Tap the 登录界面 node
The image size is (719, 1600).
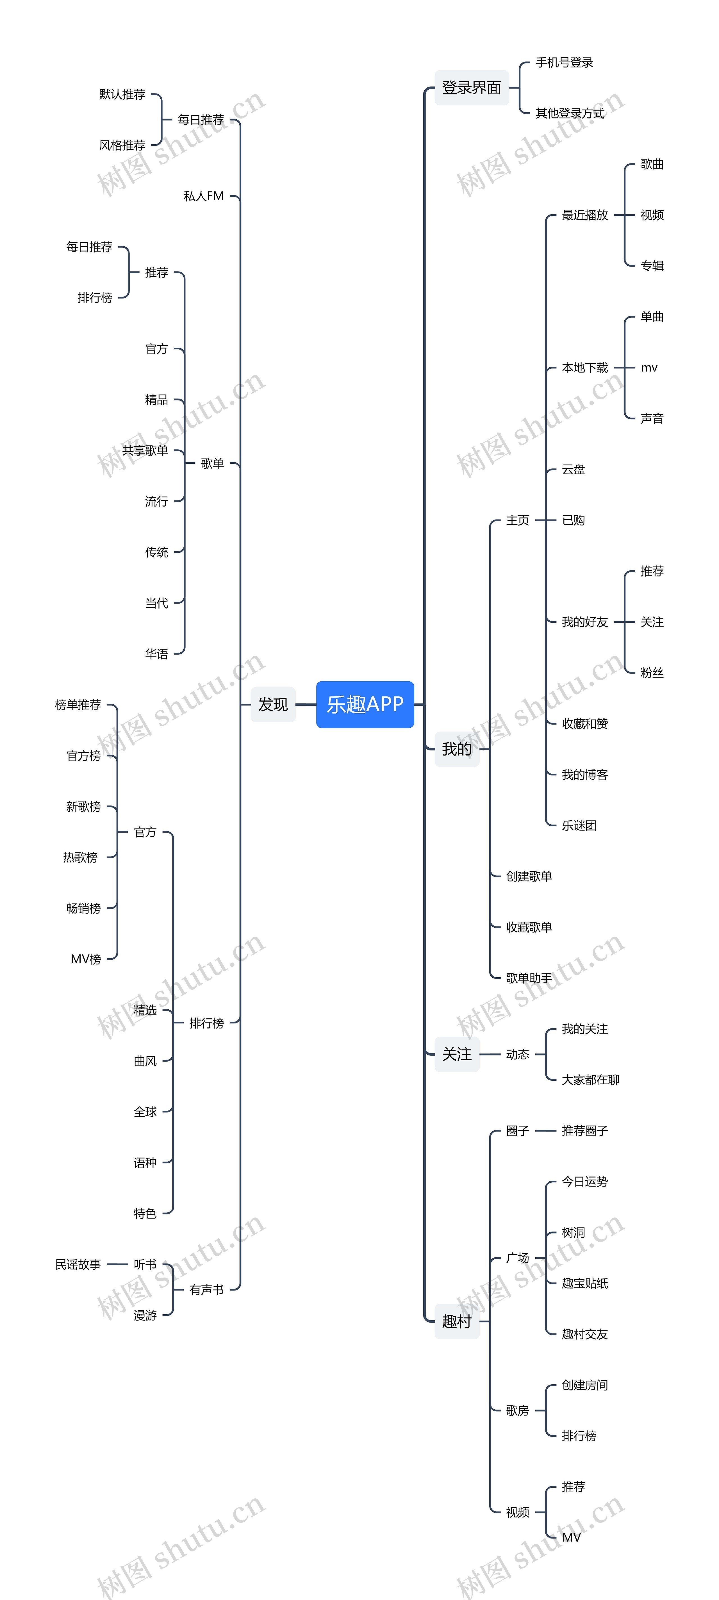(471, 88)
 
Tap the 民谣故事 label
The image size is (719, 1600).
(78, 1264)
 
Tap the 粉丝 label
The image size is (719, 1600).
(652, 673)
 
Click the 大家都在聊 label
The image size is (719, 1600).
(590, 1080)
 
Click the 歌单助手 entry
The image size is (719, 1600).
(528, 978)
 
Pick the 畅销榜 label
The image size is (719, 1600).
(83, 908)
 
